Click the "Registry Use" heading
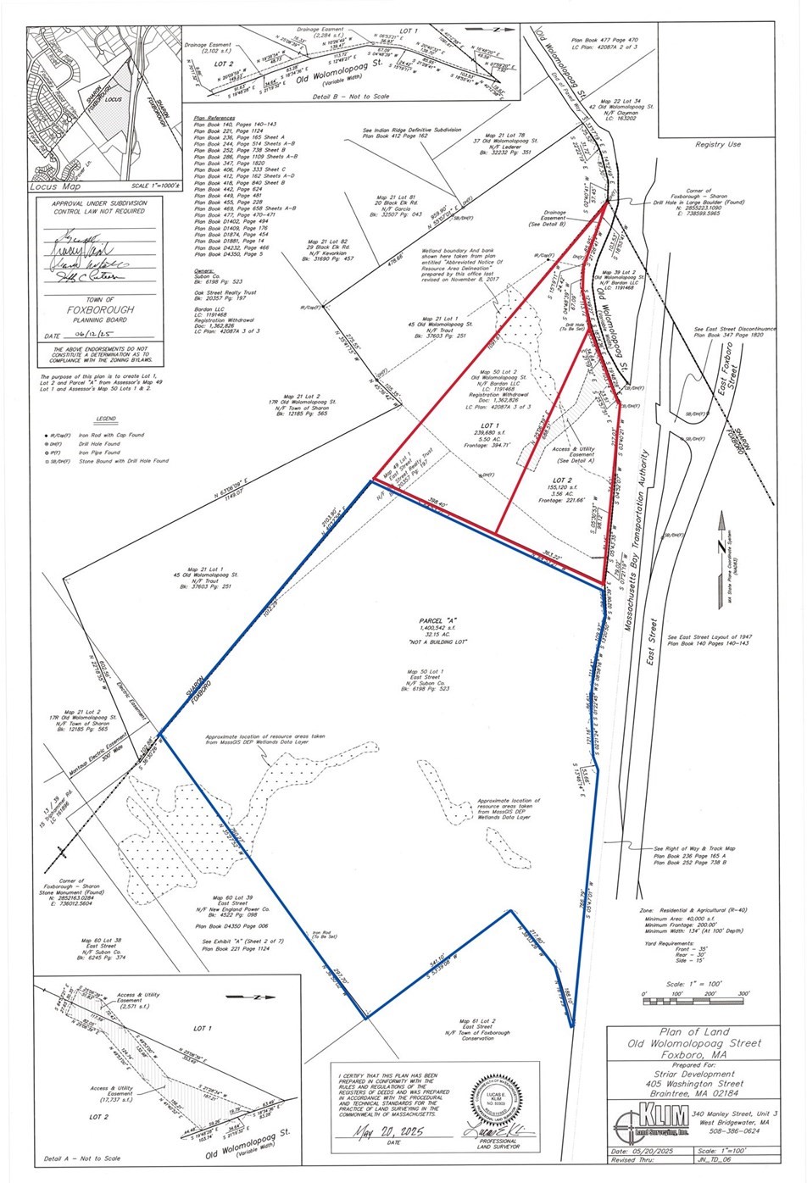pyautogui.click(x=717, y=144)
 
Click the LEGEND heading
pyautogui.click(x=106, y=419)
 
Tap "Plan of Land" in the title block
pyautogui.click(x=691, y=1032)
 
